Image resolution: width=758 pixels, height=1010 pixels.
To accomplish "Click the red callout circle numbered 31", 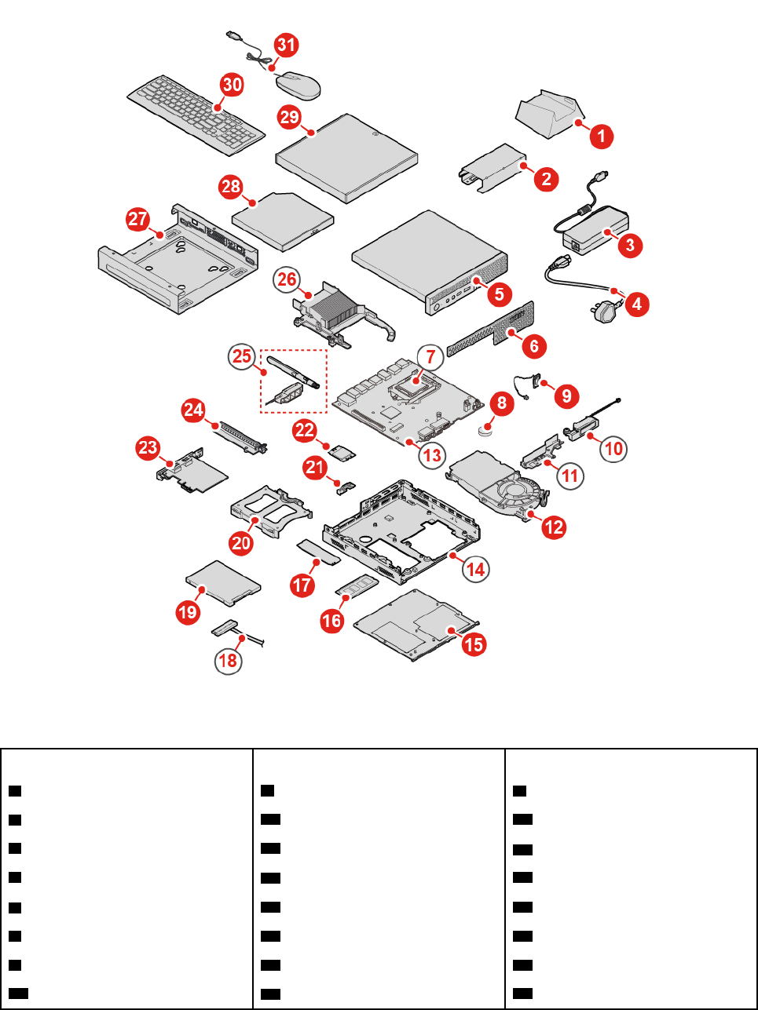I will click(x=286, y=45).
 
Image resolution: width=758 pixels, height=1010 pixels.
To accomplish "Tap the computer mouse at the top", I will click(x=298, y=84).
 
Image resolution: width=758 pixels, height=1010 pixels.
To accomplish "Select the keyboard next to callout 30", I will click(x=195, y=115).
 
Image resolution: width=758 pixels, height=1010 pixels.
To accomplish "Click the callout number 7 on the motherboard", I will click(x=430, y=356).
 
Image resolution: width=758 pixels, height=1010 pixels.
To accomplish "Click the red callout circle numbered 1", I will click(x=602, y=136).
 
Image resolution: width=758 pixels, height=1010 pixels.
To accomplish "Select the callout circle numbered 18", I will click(x=228, y=660).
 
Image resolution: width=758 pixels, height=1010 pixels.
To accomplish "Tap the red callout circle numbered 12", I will click(x=554, y=527).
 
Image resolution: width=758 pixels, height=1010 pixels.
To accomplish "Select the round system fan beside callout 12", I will click(x=513, y=494).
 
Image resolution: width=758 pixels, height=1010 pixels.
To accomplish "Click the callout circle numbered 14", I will click(x=475, y=568).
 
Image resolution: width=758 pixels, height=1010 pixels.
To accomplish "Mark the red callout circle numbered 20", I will click(x=241, y=542).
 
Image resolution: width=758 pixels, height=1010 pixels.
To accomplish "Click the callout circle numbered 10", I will click(x=613, y=448).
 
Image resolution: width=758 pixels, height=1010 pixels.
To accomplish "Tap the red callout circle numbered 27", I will click(x=138, y=218).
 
